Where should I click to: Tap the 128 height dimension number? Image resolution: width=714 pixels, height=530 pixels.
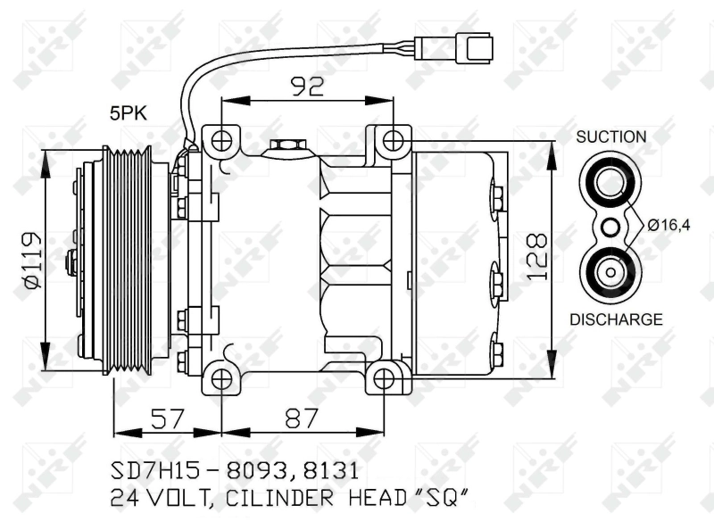point(535,258)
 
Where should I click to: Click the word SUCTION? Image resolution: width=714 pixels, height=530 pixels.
point(610,137)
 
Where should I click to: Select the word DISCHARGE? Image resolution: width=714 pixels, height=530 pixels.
point(616,319)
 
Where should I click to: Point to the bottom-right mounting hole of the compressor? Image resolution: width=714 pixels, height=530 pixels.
point(384,378)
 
